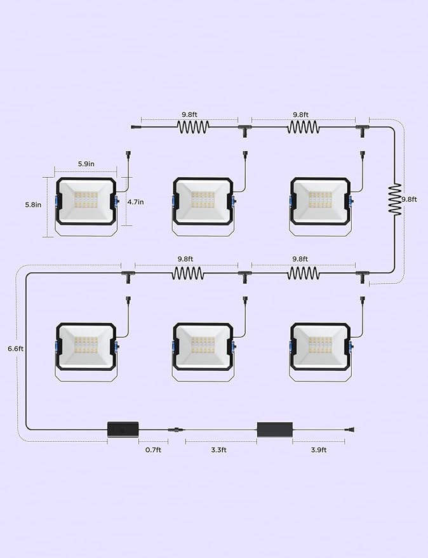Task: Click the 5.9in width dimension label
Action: tap(86, 164)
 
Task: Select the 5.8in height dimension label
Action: tap(33, 204)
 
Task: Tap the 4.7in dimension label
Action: tap(136, 202)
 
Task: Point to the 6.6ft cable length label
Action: tap(16, 349)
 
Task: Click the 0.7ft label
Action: tap(153, 450)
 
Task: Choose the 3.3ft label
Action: tap(218, 450)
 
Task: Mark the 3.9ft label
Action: tap(319, 450)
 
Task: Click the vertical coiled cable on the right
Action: tap(394, 199)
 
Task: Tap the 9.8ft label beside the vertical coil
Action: tap(409, 199)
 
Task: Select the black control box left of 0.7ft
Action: tap(123, 429)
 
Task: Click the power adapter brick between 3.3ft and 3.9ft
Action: tap(275, 430)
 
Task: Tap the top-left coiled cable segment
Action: tap(193, 127)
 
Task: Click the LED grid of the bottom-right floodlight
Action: tap(320, 345)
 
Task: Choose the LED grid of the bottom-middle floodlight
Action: tap(203, 345)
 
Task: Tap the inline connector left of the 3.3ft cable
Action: tap(177, 430)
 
